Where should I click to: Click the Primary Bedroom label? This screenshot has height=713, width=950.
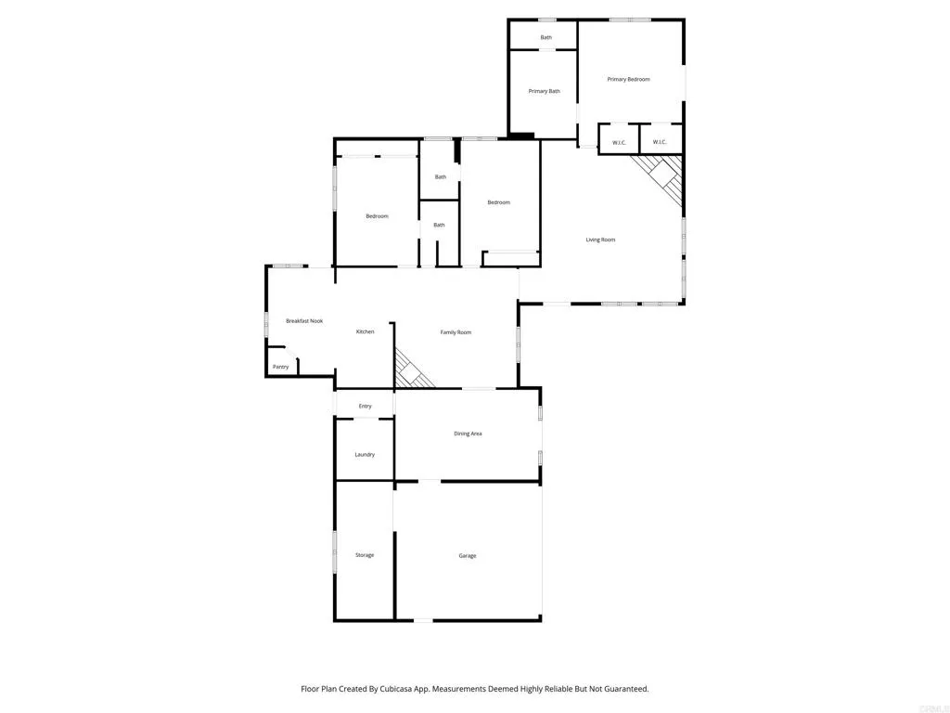(628, 80)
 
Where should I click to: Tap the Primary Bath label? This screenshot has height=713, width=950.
(545, 91)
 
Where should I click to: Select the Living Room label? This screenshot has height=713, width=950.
(600, 240)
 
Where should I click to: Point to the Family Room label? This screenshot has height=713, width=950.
(456, 332)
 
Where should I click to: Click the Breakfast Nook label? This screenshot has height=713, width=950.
(304, 321)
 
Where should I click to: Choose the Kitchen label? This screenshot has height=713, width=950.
(366, 331)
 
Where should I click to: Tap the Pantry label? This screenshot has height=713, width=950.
(280, 367)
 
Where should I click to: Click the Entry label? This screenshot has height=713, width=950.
(365, 407)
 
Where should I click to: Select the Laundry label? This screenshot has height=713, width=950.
(365, 455)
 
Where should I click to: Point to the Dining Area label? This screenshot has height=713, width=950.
(468, 434)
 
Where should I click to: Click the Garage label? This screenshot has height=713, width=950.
(468, 556)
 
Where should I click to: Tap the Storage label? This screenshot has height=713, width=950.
(365, 555)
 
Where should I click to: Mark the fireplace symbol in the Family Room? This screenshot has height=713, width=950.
(412, 371)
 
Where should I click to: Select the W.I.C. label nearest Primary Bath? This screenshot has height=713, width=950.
(619, 142)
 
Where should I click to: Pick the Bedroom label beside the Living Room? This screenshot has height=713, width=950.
(499, 202)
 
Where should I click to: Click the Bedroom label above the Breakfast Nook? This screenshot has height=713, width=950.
(377, 216)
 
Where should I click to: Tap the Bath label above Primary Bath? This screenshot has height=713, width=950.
(546, 38)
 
